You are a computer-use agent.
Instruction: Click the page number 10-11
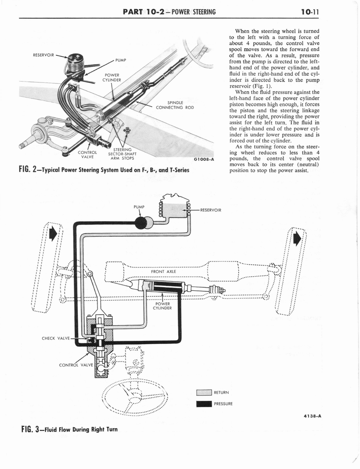[x=314, y=11]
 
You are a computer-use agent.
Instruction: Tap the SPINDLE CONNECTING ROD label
[x=175, y=105]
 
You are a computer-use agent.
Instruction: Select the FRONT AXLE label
[x=164, y=271]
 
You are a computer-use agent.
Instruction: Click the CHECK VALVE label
[x=55, y=338]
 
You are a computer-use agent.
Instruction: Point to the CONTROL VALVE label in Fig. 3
[x=76, y=365]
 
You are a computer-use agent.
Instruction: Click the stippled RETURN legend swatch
[x=203, y=392]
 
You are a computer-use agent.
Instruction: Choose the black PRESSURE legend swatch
[x=203, y=404]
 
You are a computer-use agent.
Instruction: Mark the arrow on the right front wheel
[x=297, y=239]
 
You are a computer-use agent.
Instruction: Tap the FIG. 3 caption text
[x=66, y=430]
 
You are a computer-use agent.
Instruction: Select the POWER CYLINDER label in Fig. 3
[x=163, y=305]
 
